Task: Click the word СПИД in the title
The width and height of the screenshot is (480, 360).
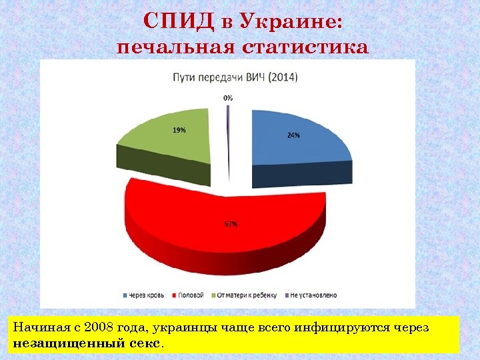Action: point(176,22)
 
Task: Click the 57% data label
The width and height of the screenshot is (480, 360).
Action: point(229,224)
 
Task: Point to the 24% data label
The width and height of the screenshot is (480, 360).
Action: point(293,135)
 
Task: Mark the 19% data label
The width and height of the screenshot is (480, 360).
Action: point(179,131)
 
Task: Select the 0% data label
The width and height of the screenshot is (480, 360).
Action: point(228,97)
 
